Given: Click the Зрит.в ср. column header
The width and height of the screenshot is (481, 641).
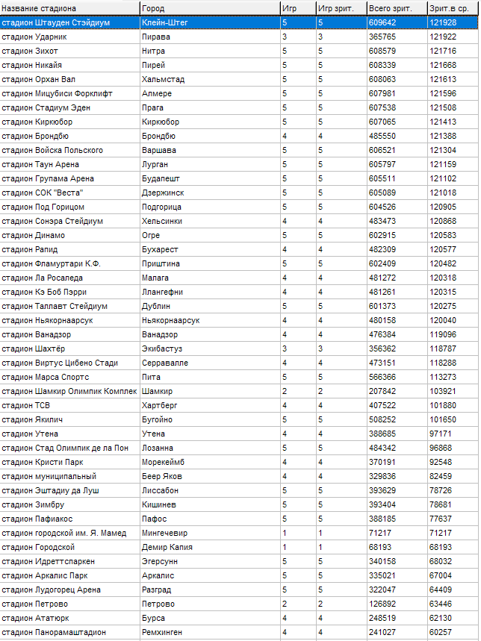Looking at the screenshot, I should tap(448, 8).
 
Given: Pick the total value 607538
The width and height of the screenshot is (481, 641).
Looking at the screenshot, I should tap(382, 107).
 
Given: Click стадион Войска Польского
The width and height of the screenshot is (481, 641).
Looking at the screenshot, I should tap(52, 150).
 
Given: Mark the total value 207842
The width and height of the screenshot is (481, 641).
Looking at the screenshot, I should tap(382, 391).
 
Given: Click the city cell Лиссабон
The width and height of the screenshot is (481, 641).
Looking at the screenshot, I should tap(160, 490).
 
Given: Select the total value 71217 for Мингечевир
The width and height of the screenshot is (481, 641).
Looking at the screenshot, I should tap(380, 533).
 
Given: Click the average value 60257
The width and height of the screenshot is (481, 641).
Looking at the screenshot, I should tap(441, 632).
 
